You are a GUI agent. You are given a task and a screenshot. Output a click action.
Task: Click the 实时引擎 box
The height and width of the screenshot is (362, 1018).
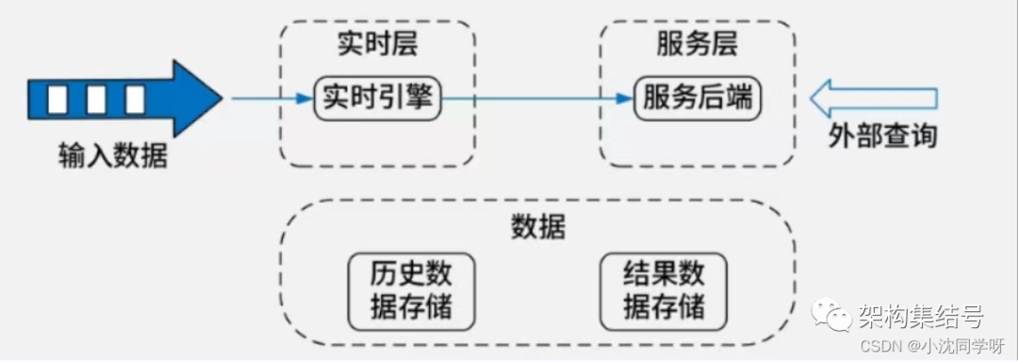[378, 97]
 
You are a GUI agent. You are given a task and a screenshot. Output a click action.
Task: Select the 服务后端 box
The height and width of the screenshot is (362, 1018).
[698, 97]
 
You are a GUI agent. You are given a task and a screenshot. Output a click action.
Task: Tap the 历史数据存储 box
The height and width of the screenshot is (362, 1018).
[411, 289]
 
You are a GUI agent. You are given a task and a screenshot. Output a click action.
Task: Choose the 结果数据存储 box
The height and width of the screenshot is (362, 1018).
[664, 289]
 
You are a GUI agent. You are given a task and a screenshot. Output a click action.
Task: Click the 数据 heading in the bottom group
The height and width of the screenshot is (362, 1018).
[538, 227]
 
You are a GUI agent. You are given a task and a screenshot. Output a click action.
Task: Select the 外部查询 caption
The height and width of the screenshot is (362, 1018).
[882, 137]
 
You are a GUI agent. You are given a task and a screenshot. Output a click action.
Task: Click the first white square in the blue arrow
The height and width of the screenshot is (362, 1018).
[58, 98]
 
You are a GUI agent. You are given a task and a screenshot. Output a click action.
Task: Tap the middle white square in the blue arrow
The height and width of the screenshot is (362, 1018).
[96, 98]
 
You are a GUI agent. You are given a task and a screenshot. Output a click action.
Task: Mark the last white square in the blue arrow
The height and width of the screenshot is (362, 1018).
[134, 98]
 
